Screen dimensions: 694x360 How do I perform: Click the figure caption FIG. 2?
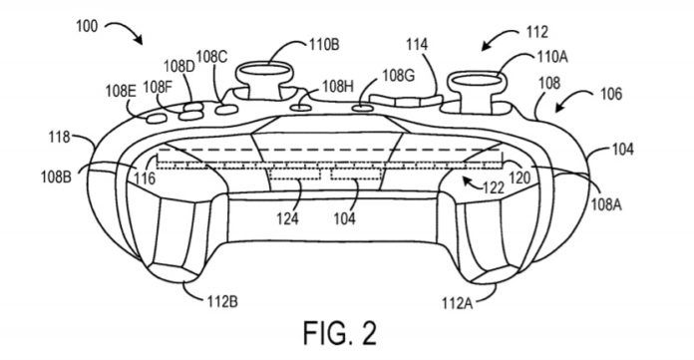340,333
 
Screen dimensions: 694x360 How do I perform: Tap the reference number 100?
87,26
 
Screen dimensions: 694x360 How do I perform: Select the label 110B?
323,44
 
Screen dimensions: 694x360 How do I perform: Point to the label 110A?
552,57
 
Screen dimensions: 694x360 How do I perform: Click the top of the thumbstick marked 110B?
263,71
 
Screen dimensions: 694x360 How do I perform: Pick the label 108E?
121,91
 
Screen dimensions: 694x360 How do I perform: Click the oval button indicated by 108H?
299,107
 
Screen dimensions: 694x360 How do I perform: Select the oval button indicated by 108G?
362,107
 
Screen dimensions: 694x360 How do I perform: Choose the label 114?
418,45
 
